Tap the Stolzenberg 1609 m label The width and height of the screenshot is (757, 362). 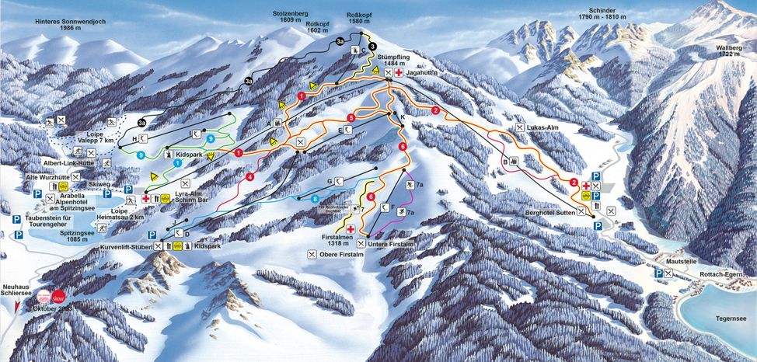pos(291,19)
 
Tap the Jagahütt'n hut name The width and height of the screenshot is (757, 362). pos(424,73)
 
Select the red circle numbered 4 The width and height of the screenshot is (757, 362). pos(249,177)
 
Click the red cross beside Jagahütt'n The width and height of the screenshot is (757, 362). pos(399,73)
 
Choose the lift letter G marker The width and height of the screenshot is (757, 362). pos(330,181)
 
